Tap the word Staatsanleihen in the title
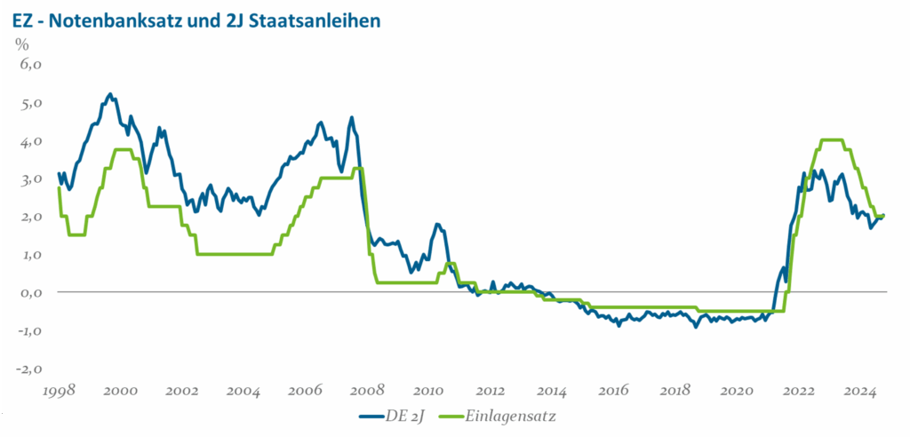click(x=307, y=18)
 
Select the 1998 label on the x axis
click(x=59, y=391)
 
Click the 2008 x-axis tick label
click(x=367, y=391)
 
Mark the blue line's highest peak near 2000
click(x=109, y=93)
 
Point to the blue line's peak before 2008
click(x=351, y=117)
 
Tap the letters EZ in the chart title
click(x=22, y=18)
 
